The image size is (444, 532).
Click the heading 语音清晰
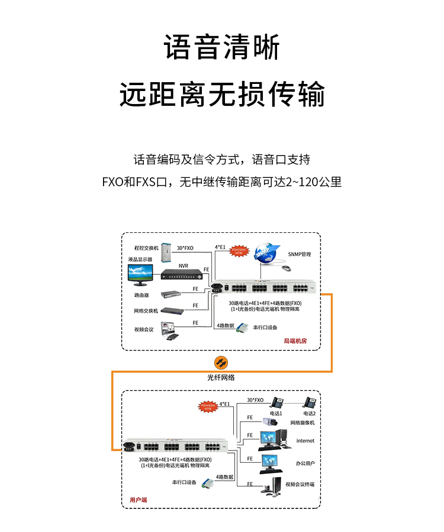coord(221,48)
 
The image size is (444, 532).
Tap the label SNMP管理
coord(300,254)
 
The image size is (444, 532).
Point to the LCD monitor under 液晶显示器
coord(140,274)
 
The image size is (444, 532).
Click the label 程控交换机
coord(147,248)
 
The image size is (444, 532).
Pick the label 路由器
coord(141,294)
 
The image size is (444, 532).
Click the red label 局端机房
coord(295,341)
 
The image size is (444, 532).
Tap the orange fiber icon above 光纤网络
coord(221,362)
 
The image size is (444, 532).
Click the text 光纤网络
coord(221,377)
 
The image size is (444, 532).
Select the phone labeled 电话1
coord(276,403)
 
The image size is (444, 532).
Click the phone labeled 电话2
coord(310,403)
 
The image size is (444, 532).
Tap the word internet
coord(305,440)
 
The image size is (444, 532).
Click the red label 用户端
coord(138,499)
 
